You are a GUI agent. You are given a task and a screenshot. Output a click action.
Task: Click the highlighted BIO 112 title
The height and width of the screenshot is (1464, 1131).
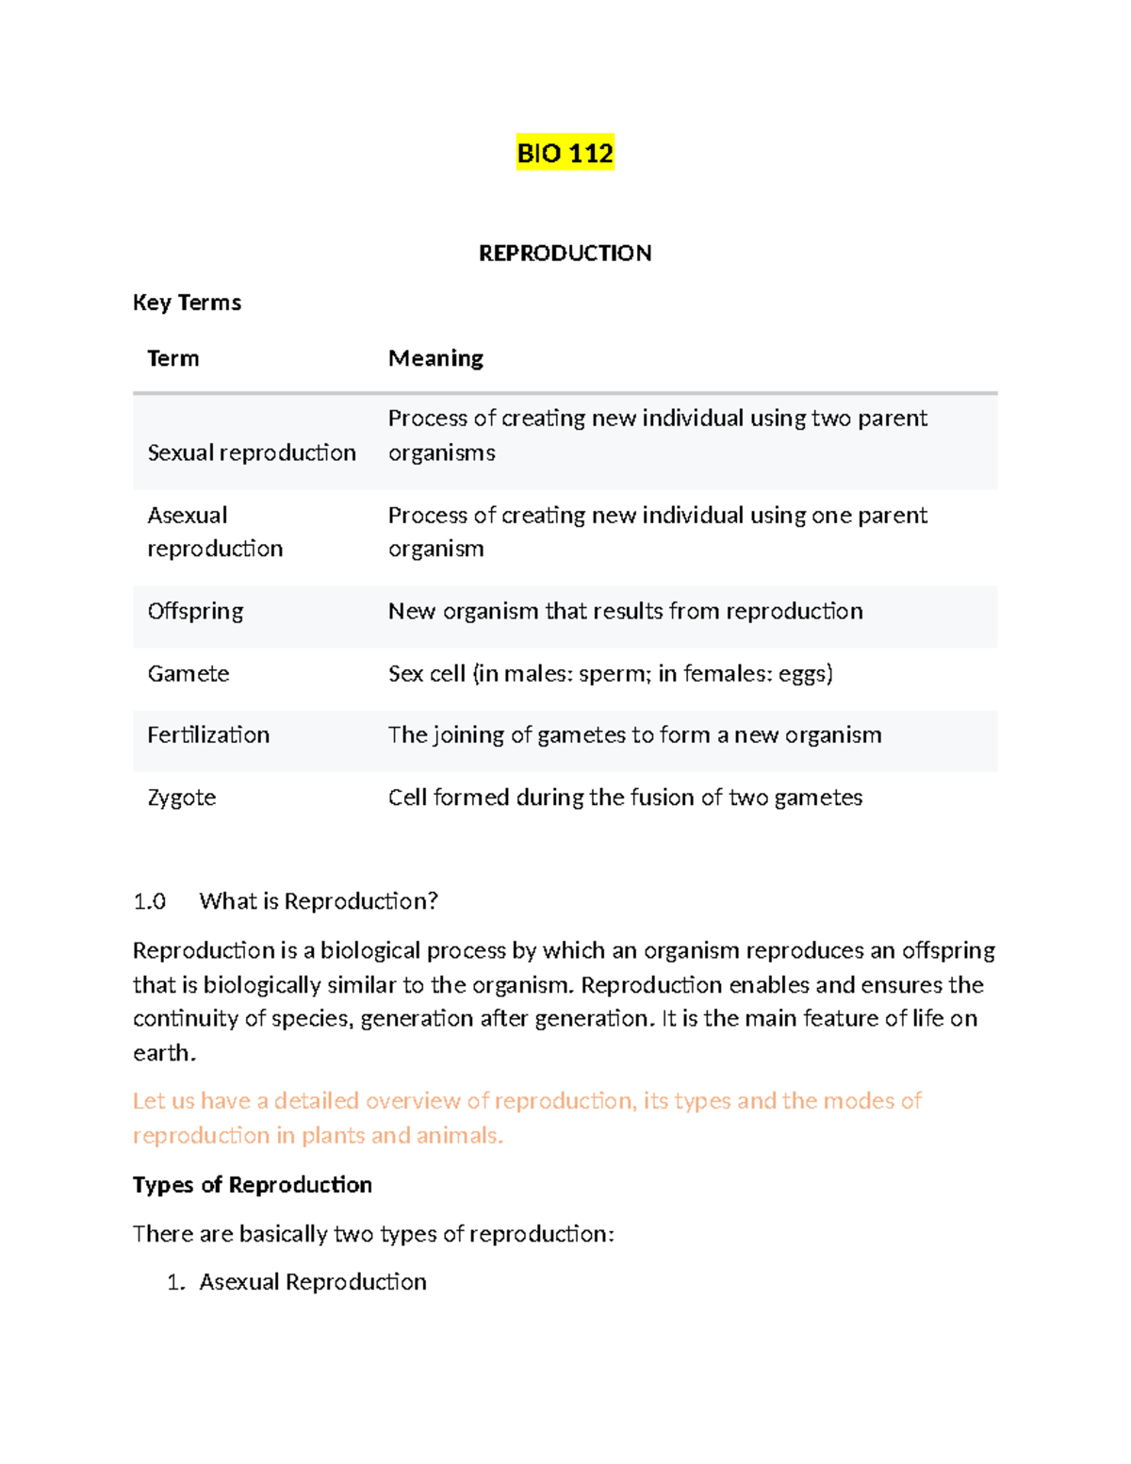coord(565,153)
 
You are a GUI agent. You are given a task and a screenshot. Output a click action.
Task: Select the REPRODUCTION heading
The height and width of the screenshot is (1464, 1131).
coord(565,253)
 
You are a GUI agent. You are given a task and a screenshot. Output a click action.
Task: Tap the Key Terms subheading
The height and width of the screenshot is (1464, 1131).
coord(187,303)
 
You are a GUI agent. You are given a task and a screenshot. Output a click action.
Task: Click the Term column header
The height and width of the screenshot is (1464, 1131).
coord(173,358)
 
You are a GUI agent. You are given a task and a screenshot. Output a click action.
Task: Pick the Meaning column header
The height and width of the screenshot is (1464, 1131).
coord(435,358)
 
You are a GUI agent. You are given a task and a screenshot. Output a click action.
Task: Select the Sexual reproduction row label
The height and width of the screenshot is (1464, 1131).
coord(252,452)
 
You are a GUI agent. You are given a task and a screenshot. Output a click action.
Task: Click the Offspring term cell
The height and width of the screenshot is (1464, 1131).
coord(195,611)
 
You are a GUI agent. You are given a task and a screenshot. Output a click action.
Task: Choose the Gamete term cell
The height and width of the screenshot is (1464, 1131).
coord(188,673)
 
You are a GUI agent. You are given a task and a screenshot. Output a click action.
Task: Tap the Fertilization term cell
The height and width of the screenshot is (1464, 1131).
coord(208,734)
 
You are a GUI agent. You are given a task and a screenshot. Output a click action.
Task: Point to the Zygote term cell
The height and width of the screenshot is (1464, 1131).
coord(182,798)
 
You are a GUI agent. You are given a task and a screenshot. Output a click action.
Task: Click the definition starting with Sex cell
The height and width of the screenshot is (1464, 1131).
coord(610,673)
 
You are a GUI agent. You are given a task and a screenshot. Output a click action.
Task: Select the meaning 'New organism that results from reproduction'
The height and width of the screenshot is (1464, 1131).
coord(625,611)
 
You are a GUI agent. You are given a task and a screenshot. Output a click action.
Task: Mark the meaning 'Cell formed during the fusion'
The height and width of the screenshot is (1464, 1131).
coord(625,798)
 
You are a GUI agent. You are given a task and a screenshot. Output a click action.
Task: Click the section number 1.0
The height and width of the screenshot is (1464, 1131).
coord(149,901)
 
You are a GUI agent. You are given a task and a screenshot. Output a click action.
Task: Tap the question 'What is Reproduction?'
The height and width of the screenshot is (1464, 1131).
coord(319,901)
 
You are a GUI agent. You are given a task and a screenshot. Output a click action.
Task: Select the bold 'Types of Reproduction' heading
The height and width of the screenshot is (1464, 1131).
coord(253,1185)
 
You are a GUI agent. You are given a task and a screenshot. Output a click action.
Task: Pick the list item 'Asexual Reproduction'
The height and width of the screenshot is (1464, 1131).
coord(313,1282)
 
